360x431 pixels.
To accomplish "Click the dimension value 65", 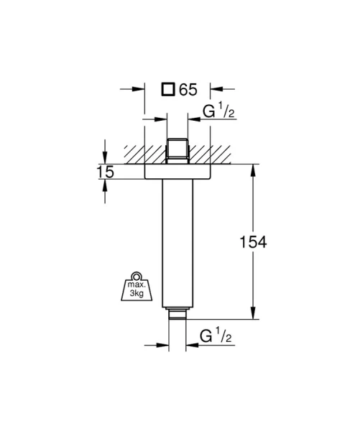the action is point(188,90).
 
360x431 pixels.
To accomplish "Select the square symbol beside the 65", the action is point(168,89).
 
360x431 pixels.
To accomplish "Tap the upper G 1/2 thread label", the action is point(218,111).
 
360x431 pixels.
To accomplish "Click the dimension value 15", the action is point(105,172).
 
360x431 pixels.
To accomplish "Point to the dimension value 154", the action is point(253,242).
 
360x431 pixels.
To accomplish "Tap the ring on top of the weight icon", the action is point(137,276).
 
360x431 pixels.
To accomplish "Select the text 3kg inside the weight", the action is point(137,293).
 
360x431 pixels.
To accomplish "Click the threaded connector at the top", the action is point(177,151).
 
